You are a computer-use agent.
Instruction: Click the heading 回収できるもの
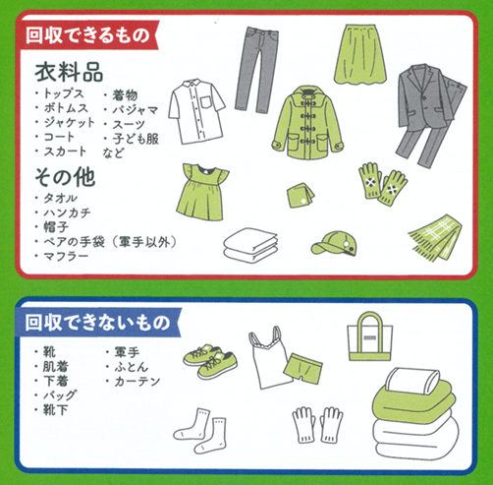(87, 35)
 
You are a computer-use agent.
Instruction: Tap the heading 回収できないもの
(97, 323)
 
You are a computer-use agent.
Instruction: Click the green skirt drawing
(360, 54)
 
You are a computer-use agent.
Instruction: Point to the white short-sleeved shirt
(196, 111)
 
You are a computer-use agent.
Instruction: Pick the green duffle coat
(307, 123)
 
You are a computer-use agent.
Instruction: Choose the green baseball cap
(334, 243)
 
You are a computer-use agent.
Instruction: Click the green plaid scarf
(435, 237)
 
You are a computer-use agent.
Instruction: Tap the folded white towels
(250, 245)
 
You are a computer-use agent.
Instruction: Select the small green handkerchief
(301, 195)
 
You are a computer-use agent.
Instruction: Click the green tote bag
(370, 336)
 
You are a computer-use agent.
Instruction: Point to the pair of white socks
(200, 431)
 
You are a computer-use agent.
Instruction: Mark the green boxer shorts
(302, 368)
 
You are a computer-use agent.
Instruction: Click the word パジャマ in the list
(136, 110)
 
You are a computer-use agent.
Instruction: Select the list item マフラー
(66, 256)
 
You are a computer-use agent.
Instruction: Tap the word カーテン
(137, 381)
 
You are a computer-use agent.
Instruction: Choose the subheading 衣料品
(69, 73)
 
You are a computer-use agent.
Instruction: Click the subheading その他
(66, 177)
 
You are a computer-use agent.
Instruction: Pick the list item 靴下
(56, 410)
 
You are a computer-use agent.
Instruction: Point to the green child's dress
(201, 192)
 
